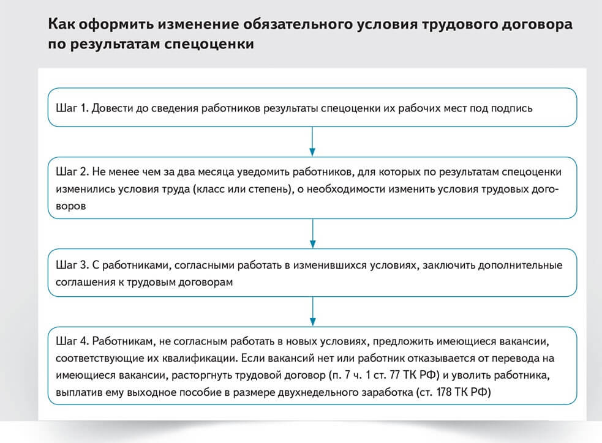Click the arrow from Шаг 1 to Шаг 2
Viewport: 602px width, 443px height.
coord(312,141)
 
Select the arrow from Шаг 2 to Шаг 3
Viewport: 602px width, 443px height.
coord(312,234)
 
